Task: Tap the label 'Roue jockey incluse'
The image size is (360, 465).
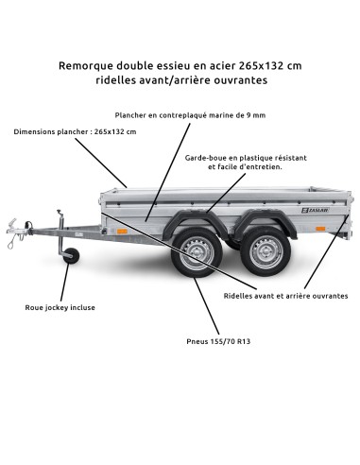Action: pyautogui.click(x=60, y=307)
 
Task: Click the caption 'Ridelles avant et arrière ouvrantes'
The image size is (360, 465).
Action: pyautogui.click(x=285, y=296)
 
